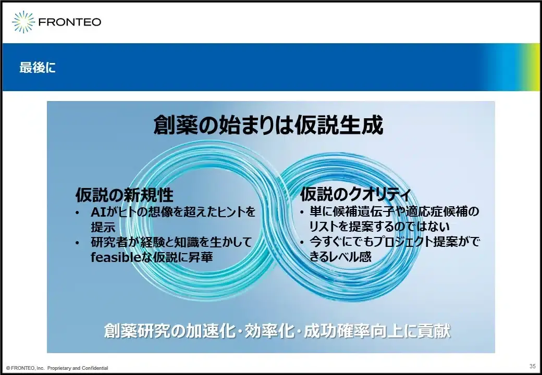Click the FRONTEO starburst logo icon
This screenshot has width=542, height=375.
pos(23,22)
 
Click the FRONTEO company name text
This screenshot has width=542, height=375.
pos(70,22)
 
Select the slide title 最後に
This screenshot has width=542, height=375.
pos(38,67)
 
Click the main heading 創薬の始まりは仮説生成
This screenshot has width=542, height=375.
pos(268,124)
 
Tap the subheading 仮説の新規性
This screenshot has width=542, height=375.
pos(125,195)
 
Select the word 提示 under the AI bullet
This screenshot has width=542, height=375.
pos(103,227)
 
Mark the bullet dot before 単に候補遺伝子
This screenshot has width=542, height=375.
pos(302,212)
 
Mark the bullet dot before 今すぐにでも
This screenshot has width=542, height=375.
pos(302,242)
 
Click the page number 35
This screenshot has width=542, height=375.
pos(532,366)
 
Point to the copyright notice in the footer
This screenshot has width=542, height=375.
pos(57,368)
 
